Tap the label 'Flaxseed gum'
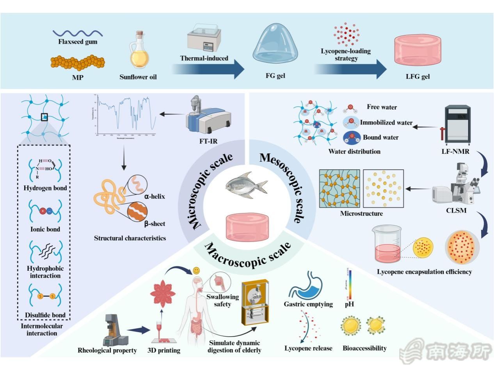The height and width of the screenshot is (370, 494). (78, 42)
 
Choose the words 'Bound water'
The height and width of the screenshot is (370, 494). (381, 137)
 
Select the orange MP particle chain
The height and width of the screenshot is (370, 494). (75, 62)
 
